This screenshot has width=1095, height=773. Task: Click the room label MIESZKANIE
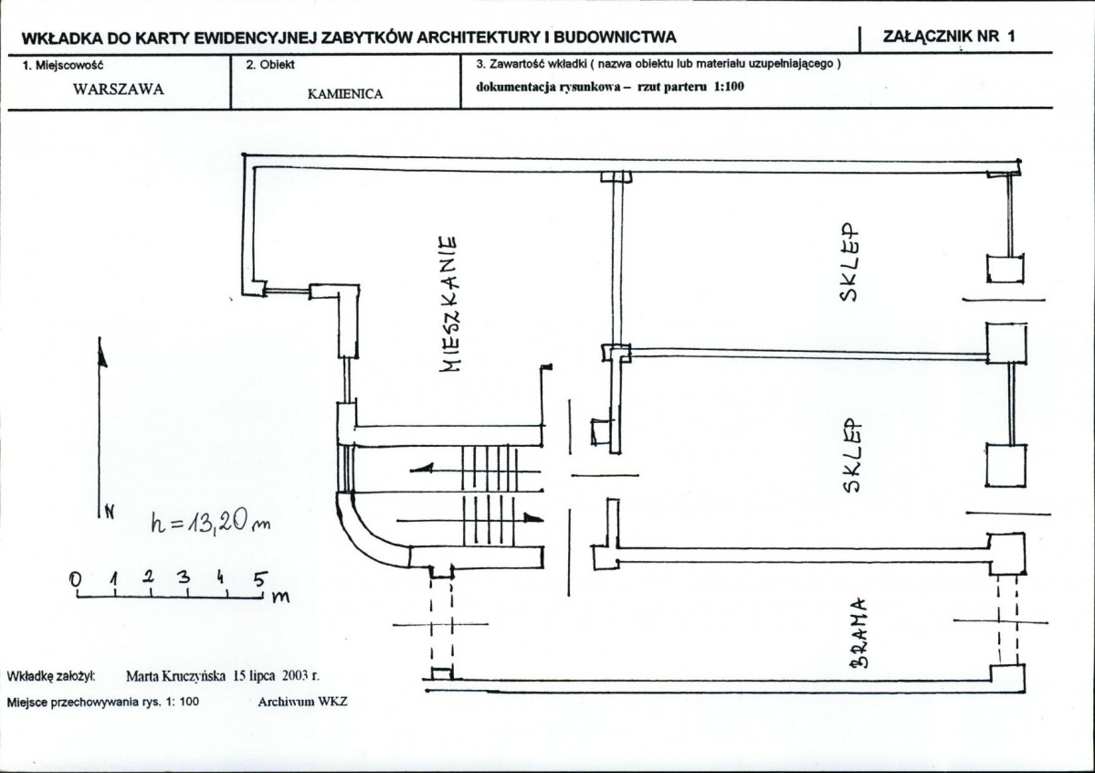pos(449,303)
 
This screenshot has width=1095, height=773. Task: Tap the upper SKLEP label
pos(848,262)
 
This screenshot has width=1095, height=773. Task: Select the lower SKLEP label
pos(852,456)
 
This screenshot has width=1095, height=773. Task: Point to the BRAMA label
pos(862,632)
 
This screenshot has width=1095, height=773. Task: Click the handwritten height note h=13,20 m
pos(210,522)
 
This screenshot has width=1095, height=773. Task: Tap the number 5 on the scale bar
pos(259,579)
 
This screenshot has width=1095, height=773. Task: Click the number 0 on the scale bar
pos(76,579)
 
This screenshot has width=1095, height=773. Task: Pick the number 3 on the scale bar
pos(183,577)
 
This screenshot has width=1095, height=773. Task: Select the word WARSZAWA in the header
pos(118,90)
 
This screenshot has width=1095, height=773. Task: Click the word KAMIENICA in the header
pos(345,94)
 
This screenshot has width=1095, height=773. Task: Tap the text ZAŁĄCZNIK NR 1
pos(948,37)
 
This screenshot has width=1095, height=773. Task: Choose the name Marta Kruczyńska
pos(175,676)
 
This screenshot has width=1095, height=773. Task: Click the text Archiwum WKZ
pos(302,702)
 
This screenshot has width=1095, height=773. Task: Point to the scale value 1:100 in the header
pos(728,87)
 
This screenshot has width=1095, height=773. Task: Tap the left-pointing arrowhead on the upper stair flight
pos(422,468)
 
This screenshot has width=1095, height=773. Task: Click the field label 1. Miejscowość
pos(63,66)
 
